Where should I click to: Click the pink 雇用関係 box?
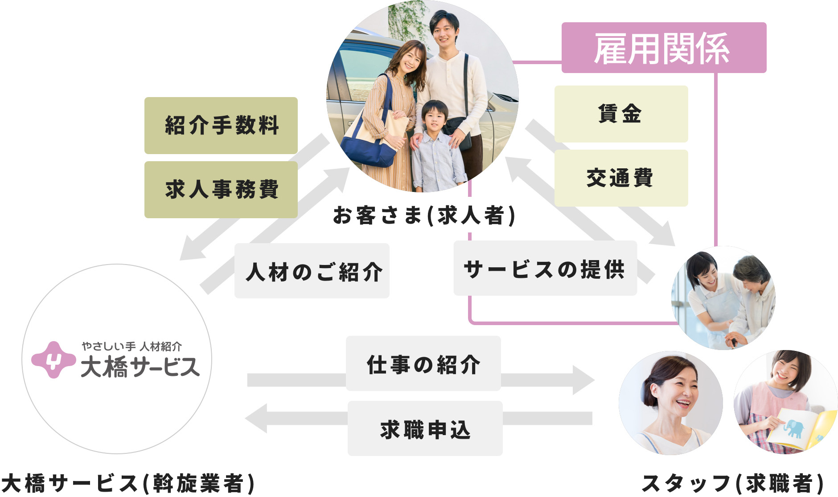click(663, 48)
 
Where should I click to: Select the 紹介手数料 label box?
click(221, 125)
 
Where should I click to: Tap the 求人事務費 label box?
click(221, 189)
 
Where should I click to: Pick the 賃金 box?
click(621, 114)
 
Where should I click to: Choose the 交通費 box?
click(621, 178)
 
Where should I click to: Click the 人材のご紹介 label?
click(312, 271)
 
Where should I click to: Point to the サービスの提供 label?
click(545, 268)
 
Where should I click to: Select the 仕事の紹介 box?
click(423, 363)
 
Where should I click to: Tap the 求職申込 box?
click(425, 428)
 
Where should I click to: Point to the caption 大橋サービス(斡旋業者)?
click(128, 484)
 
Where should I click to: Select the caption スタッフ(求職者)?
click(733, 484)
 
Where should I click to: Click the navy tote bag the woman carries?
click(368, 149)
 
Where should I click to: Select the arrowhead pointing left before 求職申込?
click(257, 418)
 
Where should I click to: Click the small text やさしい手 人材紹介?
click(132, 346)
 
